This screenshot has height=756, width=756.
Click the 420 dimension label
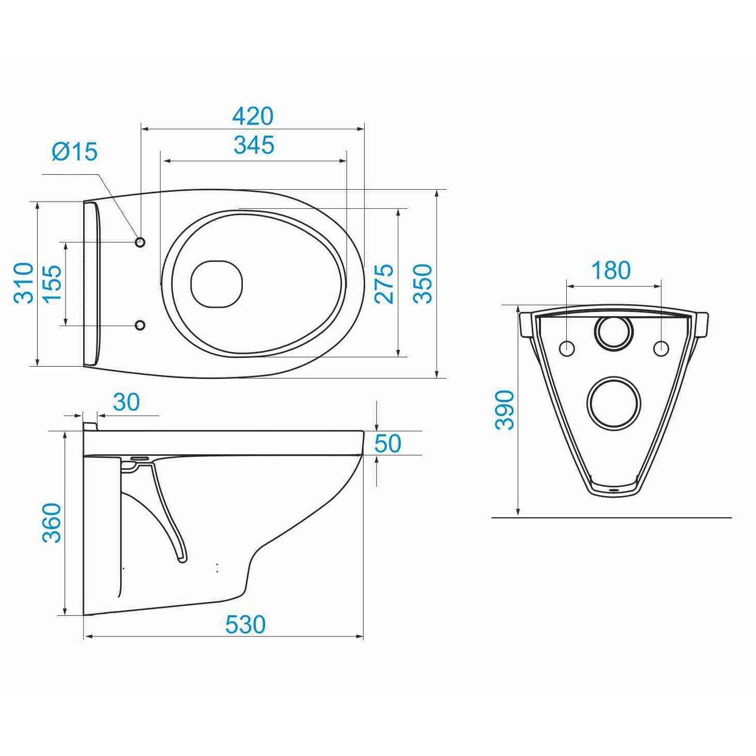(x=253, y=116)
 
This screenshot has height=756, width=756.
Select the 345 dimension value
(x=254, y=145)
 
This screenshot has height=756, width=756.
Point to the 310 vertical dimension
(x=24, y=283)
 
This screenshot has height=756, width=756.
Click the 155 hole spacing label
(x=52, y=284)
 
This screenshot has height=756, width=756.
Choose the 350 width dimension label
(x=422, y=284)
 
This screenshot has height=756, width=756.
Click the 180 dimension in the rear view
(x=611, y=270)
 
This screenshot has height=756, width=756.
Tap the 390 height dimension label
(x=504, y=409)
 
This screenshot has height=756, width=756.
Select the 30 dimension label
(x=126, y=402)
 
